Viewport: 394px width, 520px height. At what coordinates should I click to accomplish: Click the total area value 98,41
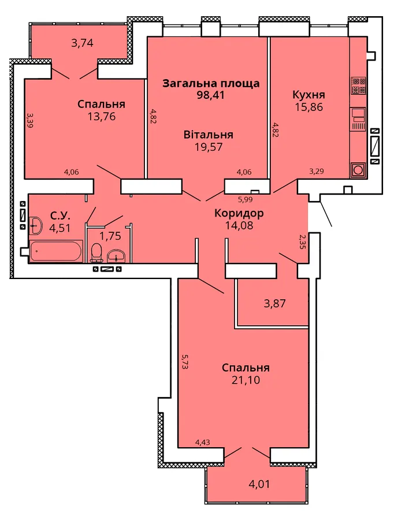pos(210,95)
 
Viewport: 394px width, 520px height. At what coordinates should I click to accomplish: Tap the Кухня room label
pos(308,95)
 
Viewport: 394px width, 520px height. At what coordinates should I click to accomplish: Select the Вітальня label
pos(209,135)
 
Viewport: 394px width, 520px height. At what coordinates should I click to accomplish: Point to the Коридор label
pos(239,213)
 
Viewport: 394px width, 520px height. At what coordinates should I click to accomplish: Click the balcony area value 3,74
pos(82,43)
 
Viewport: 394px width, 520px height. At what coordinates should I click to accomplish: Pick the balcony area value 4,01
pos(259,484)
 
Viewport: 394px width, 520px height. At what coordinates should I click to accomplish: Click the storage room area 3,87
pos(274,303)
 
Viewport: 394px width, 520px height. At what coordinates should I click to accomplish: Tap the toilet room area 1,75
pos(110,236)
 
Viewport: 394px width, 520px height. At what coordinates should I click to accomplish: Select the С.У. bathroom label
pos(60,216)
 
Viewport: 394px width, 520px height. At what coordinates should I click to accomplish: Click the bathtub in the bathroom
pos(56,251)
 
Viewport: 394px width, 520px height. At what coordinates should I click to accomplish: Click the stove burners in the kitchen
pos(358,86)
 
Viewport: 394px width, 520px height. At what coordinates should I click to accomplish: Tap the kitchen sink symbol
pos(358,118)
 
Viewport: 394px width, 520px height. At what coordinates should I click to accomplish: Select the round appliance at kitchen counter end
pos(358,170)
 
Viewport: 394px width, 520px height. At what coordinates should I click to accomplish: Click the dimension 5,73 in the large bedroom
pos(184,362)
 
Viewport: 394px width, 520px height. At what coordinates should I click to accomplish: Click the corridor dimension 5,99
pos(246,200)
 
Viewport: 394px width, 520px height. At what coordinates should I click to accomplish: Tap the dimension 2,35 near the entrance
pos(302,242)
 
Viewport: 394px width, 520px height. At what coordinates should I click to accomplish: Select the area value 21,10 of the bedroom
pos(246,380)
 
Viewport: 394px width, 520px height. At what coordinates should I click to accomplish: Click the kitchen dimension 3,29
pos(317,172)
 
